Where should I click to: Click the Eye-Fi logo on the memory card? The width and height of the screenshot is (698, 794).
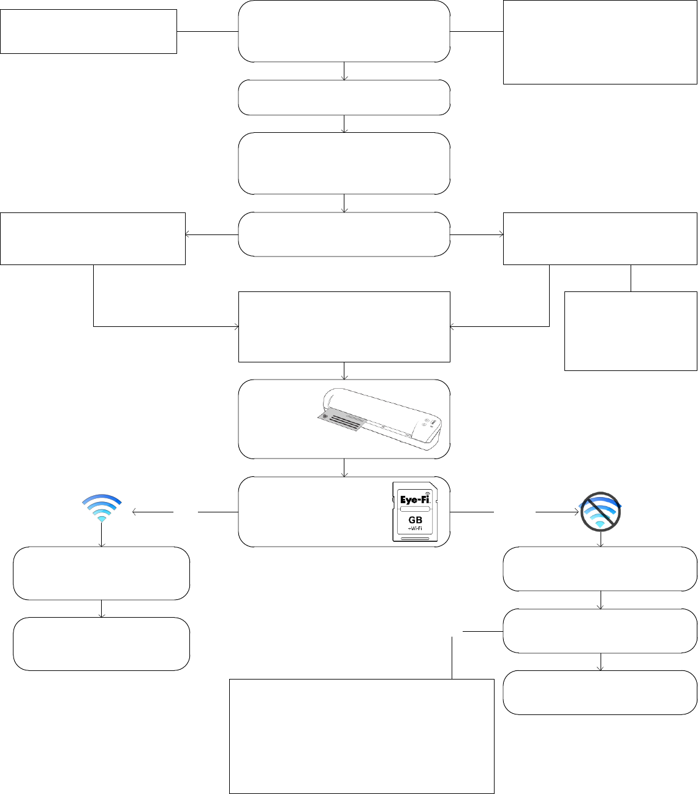pos(415,499)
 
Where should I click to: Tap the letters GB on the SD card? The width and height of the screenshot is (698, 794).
pos(415,520)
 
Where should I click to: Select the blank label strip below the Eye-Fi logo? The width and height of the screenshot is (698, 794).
pos(415,509)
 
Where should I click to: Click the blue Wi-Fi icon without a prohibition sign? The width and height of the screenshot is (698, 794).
pos(102,507)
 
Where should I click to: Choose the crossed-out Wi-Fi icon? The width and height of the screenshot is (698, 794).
pos(601,510)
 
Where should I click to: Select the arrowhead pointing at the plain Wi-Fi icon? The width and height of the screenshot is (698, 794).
pos(134,511)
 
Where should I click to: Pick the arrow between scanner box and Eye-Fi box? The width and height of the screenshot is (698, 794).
pos(344,468)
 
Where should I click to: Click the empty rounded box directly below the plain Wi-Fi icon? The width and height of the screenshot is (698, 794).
pos(101,573)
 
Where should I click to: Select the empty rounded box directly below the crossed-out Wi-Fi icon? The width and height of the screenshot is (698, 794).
pos(600,569)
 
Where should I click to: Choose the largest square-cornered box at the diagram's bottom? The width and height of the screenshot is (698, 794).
pos(362,736)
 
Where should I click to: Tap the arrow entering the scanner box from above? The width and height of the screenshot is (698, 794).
pos(344,372)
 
